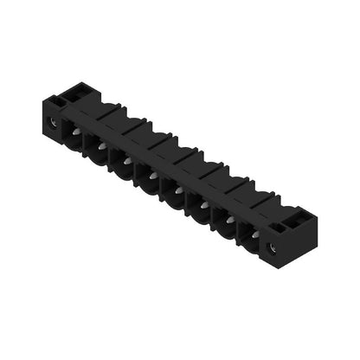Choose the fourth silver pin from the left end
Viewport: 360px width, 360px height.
point(154,175)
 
